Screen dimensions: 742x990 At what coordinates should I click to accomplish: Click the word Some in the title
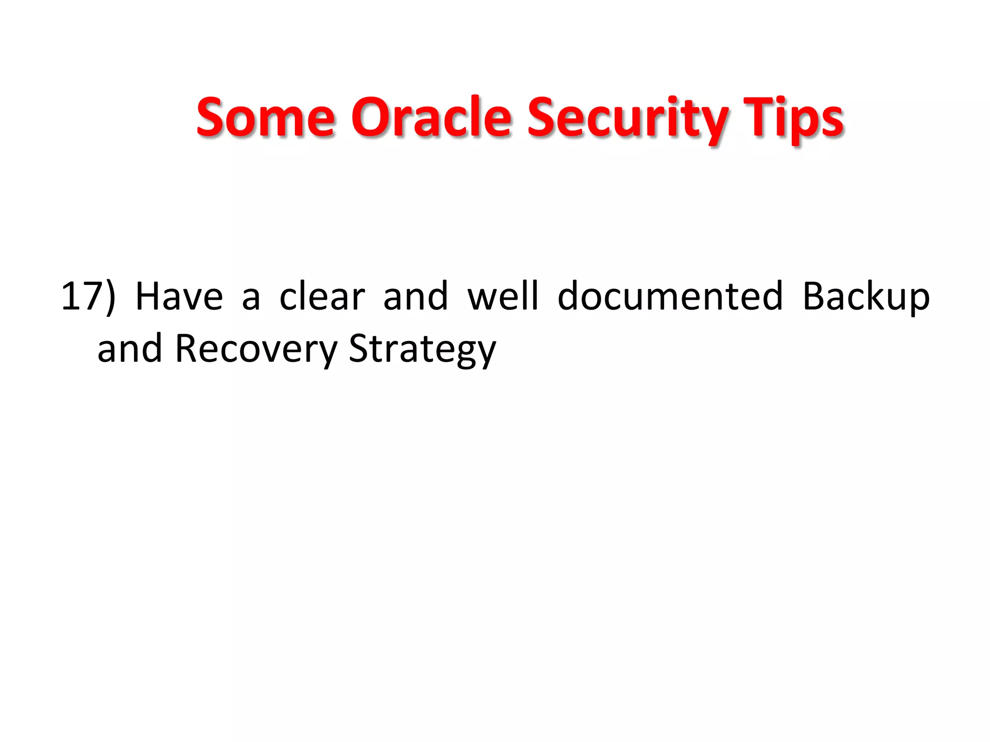(x=265, y=117)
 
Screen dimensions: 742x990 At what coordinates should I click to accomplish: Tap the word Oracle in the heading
(x=431, y=117)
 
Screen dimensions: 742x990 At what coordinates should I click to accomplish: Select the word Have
(x=179, y=296)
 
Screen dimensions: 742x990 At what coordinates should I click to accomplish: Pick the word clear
(x=322, y=296)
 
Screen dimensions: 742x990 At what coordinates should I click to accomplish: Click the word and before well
(x=416, y=296)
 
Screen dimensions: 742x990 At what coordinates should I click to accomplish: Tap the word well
(x=503, y=296)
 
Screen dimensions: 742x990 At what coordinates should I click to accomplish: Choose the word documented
(x=670, y=296)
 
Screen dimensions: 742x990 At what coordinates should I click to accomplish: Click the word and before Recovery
(x=130, y=348)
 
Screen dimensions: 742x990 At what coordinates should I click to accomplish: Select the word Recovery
(x=256, y=349)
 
